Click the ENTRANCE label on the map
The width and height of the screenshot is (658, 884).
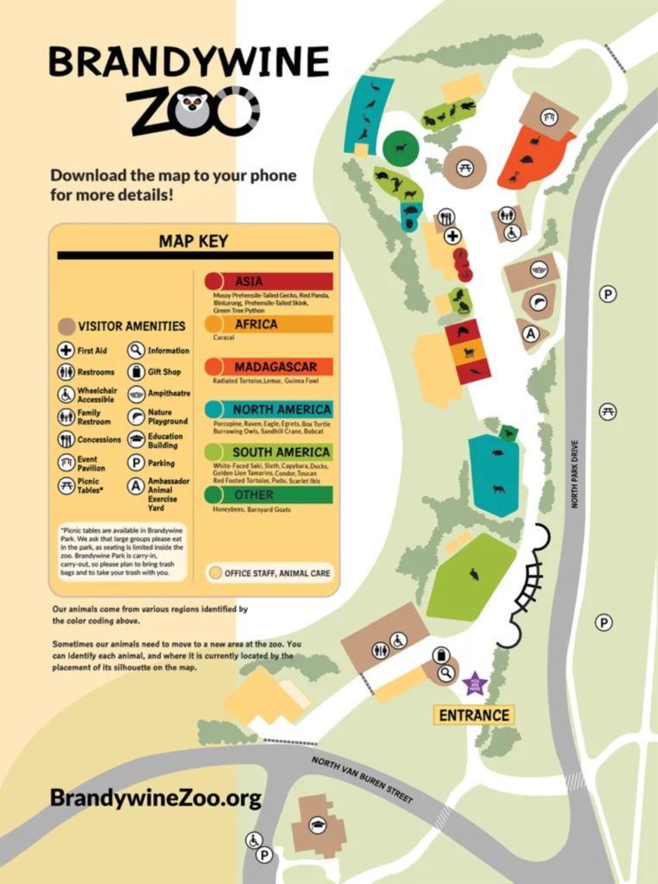click(473, 715)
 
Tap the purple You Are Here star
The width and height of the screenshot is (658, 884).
click(475, 685)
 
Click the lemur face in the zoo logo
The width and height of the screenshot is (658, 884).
click(193, 110)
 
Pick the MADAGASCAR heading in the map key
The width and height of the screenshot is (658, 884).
click(275, 367)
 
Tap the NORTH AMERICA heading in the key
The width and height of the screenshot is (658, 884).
click(282, 409)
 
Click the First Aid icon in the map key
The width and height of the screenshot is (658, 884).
click(66, 350)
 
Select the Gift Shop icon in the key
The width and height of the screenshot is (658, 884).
click(136, 372)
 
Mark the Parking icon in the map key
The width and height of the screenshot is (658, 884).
click(136, 463)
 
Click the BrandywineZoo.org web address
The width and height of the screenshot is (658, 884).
click(155, 798)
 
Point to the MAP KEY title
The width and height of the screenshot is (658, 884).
click(193, 241)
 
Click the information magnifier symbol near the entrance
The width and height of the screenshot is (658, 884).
click(446, 673)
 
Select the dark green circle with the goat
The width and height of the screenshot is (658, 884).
click(401, 148)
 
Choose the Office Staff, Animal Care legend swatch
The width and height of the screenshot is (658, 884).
click(213, 573)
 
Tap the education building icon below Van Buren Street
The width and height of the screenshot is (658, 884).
click(317, 824)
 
